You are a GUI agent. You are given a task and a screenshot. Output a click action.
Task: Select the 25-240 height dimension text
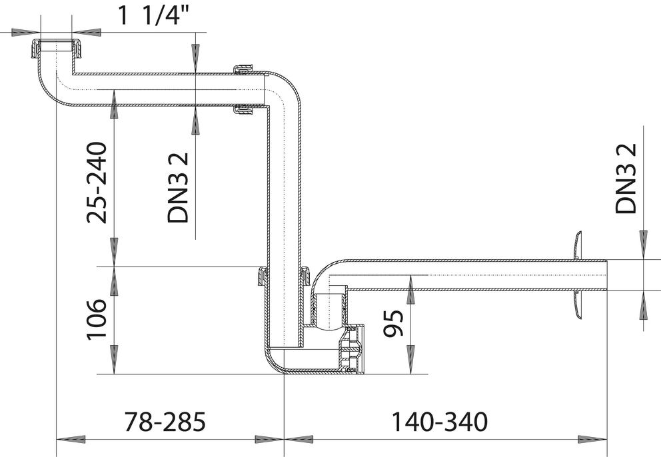(97, 183)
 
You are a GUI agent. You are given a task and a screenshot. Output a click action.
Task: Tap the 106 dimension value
(97, 319)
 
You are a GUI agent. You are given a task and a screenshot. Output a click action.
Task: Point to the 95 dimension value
(393, 323)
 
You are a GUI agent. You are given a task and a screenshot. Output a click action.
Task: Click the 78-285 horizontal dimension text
(165, 422)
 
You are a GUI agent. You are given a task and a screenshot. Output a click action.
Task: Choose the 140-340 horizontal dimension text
(440, 422)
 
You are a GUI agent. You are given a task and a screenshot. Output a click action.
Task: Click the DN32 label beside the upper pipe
(177, 188)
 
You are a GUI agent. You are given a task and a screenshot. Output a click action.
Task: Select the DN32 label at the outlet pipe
(626, 179)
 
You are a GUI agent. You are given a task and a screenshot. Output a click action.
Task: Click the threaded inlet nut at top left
(56, 49)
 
